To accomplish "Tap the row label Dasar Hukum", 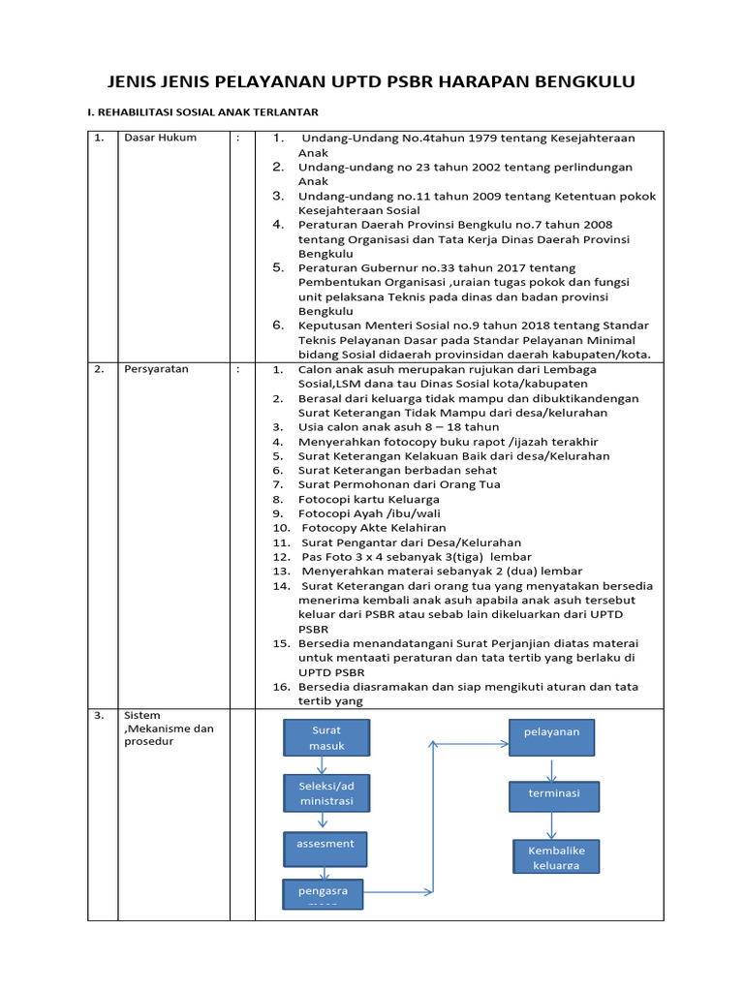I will (160, 138).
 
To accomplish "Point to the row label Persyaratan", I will (157, 369).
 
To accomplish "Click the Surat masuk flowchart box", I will (326, 738).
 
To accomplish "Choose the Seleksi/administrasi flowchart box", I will (326, 792).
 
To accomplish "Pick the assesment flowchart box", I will (325, 849).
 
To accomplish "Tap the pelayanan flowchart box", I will (551, 738).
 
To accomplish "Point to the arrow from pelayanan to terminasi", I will (552, 769).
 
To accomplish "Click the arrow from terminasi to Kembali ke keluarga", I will (552, 825).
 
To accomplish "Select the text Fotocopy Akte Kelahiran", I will (374, 528).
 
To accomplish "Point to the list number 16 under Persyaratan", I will (281, 687).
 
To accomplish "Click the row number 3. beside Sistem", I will (99, 716).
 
